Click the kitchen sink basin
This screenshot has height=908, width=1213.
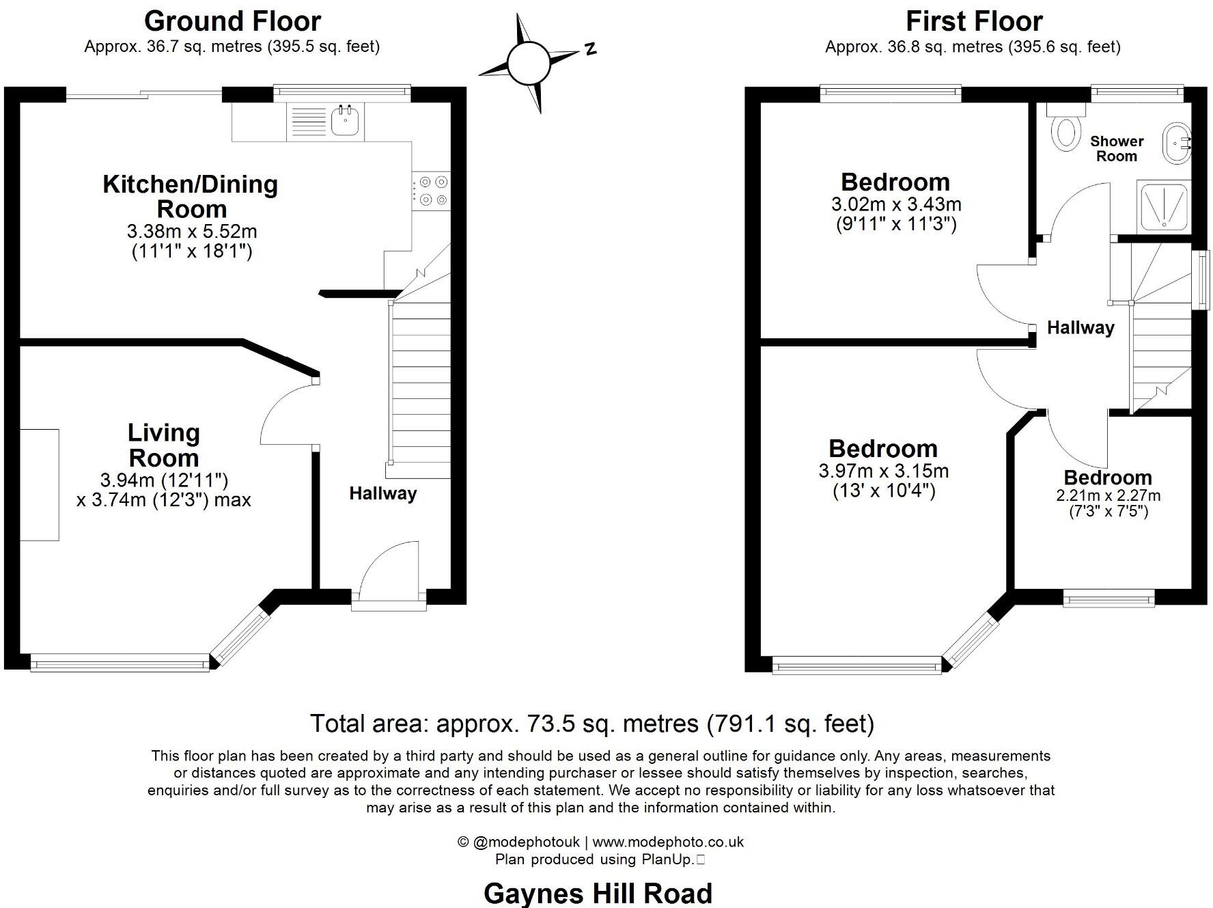(346, 120)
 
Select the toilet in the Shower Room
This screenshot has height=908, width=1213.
(1065, 130)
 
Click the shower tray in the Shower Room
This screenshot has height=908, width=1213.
(1164, 205)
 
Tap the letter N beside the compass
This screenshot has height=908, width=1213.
(590, 48)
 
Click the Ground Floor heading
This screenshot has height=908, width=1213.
(232, 21)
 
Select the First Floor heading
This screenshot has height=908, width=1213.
(973, 21)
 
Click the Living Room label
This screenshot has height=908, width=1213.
(164, 445)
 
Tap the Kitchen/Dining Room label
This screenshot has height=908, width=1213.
(191, 196)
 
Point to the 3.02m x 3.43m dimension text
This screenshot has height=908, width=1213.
(895, 204)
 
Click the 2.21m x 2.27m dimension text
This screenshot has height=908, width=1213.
(1108, 495)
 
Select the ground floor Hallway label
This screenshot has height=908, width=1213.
(382, 493)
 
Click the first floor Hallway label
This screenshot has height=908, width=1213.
(1080, 328)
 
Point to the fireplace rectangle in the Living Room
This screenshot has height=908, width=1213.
(39, 484)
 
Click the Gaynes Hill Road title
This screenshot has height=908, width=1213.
(598, 893)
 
